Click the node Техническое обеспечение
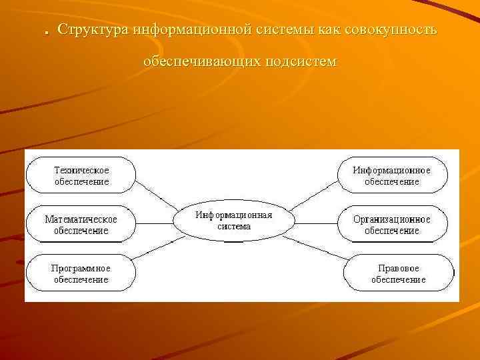(x=81, y=175)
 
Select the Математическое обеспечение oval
(x=81, y=225)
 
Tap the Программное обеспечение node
(x=81, y=273)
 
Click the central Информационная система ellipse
(x=233, y=221)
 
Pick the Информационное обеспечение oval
(x=391, y=175)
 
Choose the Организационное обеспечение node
(x=391, y=225)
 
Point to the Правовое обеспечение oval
(x=398, y=273)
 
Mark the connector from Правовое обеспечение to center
(x=313, y=247)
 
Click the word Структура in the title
(x=93, y=31)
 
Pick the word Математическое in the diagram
(x=81, y=219)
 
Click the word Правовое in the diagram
(x=398, y=268)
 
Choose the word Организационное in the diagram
(x=391, y=219)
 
